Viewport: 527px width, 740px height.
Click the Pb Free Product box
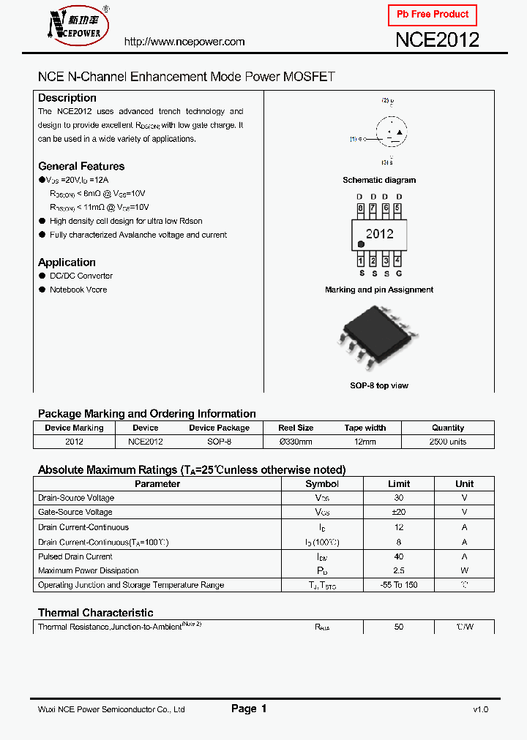pos(432,15)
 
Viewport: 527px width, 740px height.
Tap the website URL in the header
pos(184,42)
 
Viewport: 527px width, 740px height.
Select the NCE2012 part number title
pos(437,40)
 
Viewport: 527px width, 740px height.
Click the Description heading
pos(67,98)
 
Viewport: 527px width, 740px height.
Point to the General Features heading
pos(81,166)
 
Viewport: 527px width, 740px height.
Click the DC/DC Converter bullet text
pos(81,276)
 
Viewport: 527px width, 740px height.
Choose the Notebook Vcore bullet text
pos(78,290)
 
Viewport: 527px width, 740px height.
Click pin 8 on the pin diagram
pos(360,208)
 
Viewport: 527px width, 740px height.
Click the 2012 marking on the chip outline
pos(380,234)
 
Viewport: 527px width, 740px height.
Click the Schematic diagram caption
pos(379,180)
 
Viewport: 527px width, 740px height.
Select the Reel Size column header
pos(296,428)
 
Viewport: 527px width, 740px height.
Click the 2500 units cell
pos(448,442)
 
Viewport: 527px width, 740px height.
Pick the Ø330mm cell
pos(296,442)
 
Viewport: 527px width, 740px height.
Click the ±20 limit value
pos(399,512)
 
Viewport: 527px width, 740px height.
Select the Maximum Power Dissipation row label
pos(88,570)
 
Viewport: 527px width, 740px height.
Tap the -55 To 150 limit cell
pos(399,585)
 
